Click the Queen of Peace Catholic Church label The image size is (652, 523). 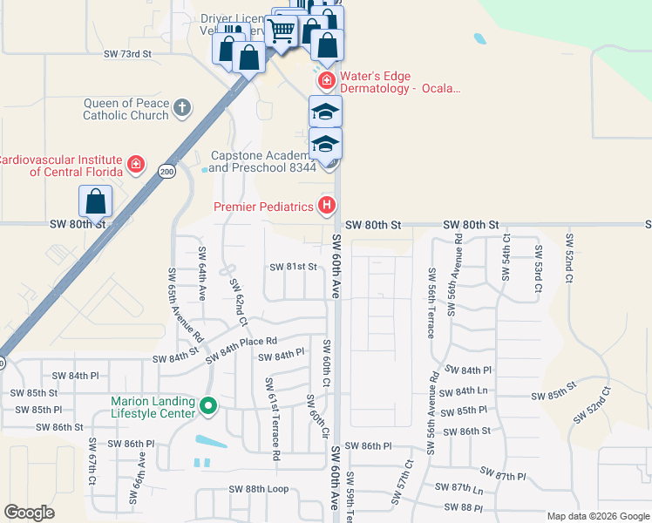[126, 109]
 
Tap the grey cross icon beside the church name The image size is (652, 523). [181, 109]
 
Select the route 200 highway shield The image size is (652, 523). [166, 172]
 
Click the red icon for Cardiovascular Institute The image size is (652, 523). [135, 164]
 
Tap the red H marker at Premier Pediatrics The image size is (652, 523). [326, 207]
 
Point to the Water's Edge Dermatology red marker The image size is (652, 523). [326, 81]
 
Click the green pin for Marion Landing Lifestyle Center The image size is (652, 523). [207, 406]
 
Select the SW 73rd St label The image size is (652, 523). [127, 54]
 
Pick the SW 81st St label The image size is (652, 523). [292, 267]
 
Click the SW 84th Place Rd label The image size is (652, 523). [241, 349]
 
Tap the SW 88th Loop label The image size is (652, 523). [255, 489]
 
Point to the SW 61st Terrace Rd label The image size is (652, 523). [273, 419]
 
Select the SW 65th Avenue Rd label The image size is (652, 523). [185, 304]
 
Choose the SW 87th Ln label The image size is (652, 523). [464, 489]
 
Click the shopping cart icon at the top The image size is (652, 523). [282, 31]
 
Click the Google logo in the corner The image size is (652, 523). [30, 513]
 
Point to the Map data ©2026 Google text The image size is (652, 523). [598, 516]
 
